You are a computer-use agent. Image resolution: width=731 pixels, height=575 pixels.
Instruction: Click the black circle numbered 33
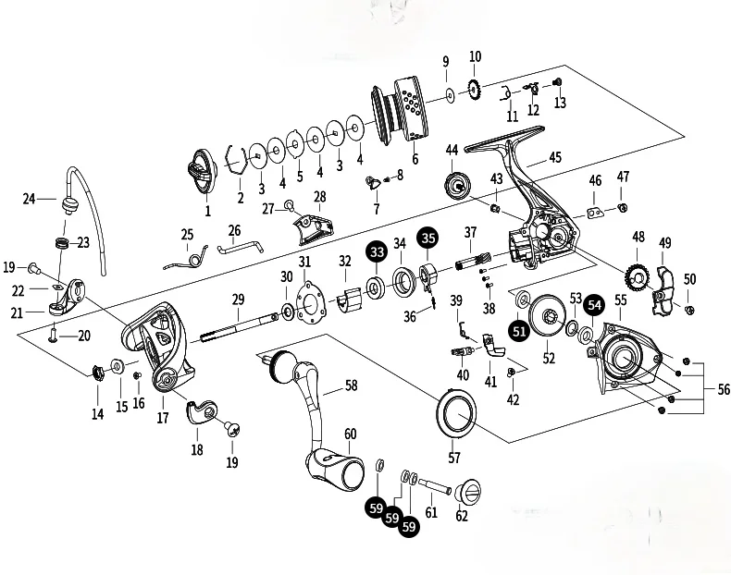click(377, 251)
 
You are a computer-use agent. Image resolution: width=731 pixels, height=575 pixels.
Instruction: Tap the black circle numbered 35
click(427, 238)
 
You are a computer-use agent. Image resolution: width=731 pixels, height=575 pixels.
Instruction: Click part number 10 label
click(476, 57)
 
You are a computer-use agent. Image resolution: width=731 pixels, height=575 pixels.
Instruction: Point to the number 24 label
click(29, 198)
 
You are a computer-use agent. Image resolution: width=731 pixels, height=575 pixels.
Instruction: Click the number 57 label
click(453, 457)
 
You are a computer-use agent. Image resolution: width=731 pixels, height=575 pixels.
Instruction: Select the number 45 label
click(555, 158)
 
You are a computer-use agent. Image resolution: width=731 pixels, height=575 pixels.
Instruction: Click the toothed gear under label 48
click(636, 275)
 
